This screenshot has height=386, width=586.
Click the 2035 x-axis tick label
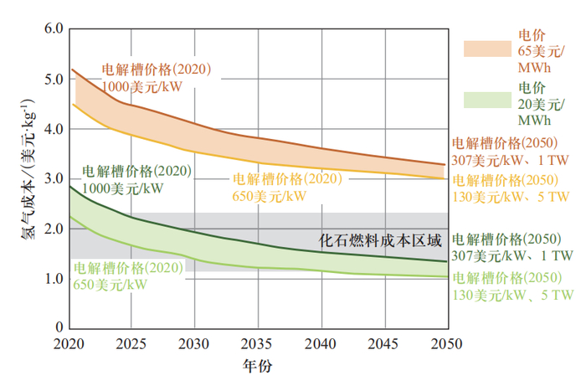click(x=257, y=344)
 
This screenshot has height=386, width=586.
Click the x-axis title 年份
click(x=257, y=366)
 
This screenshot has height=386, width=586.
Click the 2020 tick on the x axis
click(x=69, y=344)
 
